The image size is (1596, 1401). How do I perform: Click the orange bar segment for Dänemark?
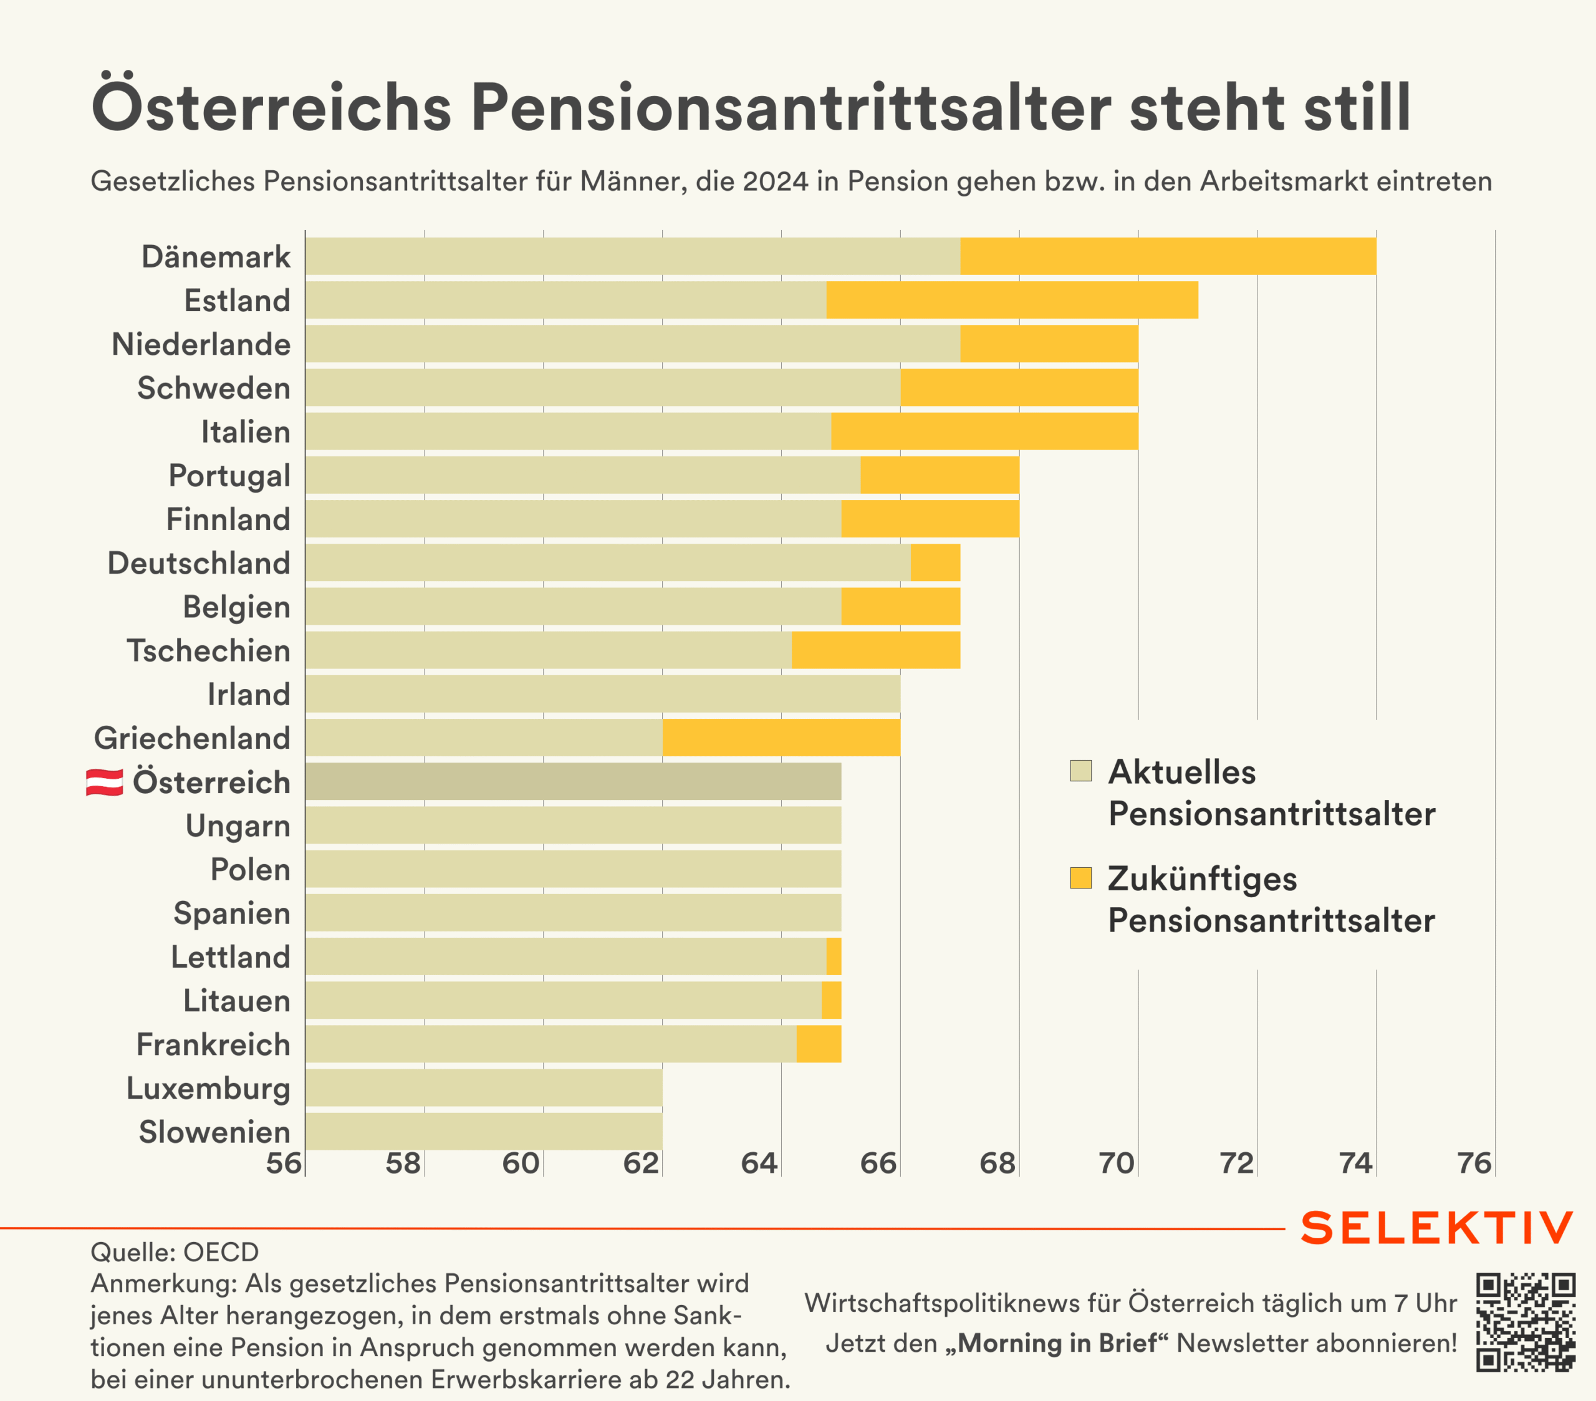(x=1167, y=256)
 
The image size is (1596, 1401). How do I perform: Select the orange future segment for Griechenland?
(x=781, y=738)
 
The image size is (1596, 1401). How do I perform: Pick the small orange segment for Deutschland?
(x=935, y=563)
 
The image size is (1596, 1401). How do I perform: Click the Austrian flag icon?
(x=105, y=782)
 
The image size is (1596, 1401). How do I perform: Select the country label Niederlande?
(x=201, y=344)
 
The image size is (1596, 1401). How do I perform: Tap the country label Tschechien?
(x=208, y=650)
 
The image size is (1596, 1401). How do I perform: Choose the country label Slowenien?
(x=214, y=1132)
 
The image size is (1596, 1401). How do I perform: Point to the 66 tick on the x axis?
(x=878, y=1163)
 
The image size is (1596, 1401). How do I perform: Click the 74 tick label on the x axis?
(x=1355, y=1163)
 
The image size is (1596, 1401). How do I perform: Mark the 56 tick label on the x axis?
(x=284, y=1163)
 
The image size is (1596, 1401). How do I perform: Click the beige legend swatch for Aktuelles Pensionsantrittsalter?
(x=1080, y=771)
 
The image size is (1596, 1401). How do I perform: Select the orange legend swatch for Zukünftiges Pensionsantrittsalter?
(x=1080, y=878)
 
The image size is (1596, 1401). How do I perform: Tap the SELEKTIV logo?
(x=1437, y=1228)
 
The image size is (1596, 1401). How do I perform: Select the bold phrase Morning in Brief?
(x=1057, y=1343)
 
